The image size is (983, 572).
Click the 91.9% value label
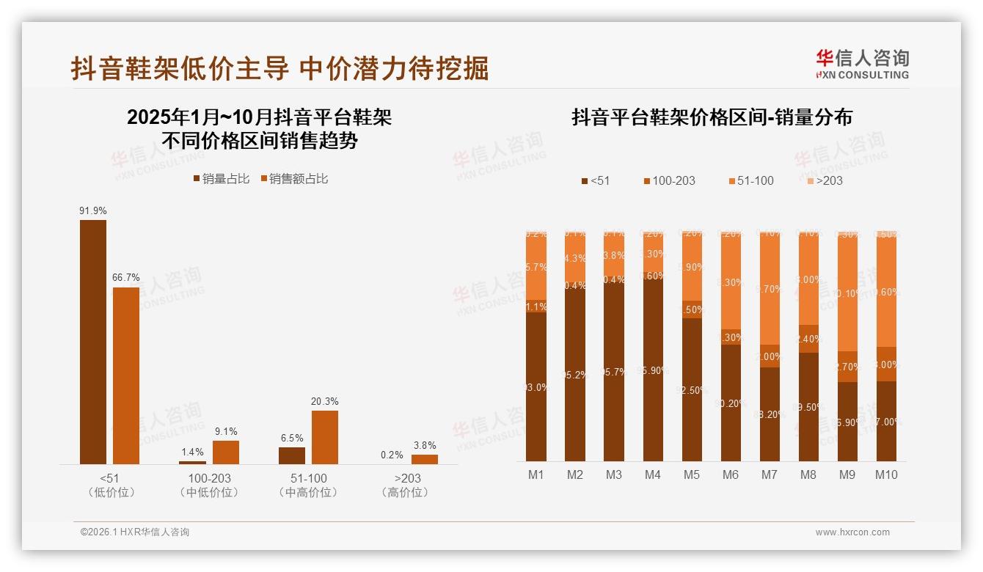click(93, 210)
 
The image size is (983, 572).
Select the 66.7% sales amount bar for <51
click(125, 375)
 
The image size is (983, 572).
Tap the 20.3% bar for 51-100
click(325, 437)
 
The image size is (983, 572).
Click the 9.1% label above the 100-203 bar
click(226, 431)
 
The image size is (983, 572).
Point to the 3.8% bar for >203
click(425, 459)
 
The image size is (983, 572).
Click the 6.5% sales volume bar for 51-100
click(292, 455)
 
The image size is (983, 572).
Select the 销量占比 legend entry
click(221, 178)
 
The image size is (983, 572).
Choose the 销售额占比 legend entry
click(293, 178)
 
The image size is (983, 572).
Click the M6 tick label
click(730, 474)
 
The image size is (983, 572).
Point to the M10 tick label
click(886, 474)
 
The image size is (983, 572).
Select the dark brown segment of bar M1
click(536, 387)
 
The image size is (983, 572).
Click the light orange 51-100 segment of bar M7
click(770, 290)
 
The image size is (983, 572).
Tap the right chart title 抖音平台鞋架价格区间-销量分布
click(712, 117)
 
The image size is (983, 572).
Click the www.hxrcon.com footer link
click(852, 532)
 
